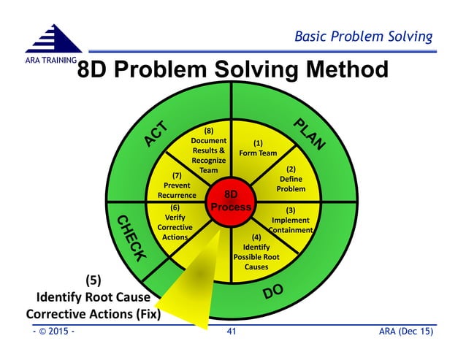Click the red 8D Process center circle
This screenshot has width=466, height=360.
[231, 201]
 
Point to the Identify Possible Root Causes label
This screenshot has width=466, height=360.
[256, 252]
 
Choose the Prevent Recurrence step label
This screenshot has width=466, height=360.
[177, 185]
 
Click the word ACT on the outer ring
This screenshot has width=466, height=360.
[156, 134]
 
